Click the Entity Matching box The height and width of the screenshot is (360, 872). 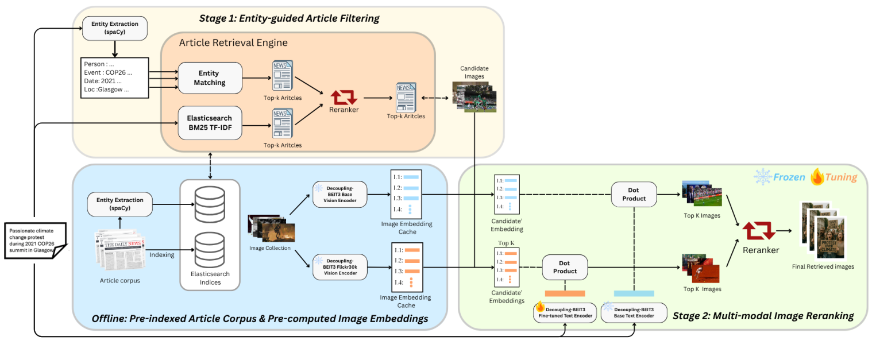click(210, 78)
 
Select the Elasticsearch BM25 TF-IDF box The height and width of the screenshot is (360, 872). click(210, 122)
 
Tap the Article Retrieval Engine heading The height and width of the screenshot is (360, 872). click(233, 43)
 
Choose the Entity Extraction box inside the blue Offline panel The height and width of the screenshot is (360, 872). click(120, 204)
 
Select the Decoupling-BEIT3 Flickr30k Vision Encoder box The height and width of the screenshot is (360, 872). click(339, 266)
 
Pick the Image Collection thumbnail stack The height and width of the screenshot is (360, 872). click(271, 228)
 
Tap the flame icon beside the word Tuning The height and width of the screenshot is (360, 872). click(817, 177)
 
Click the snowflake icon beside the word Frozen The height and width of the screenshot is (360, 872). click(763, 177)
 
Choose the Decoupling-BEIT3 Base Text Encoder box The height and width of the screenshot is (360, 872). click(634, 313)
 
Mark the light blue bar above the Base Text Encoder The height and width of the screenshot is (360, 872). click(634, 293)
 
